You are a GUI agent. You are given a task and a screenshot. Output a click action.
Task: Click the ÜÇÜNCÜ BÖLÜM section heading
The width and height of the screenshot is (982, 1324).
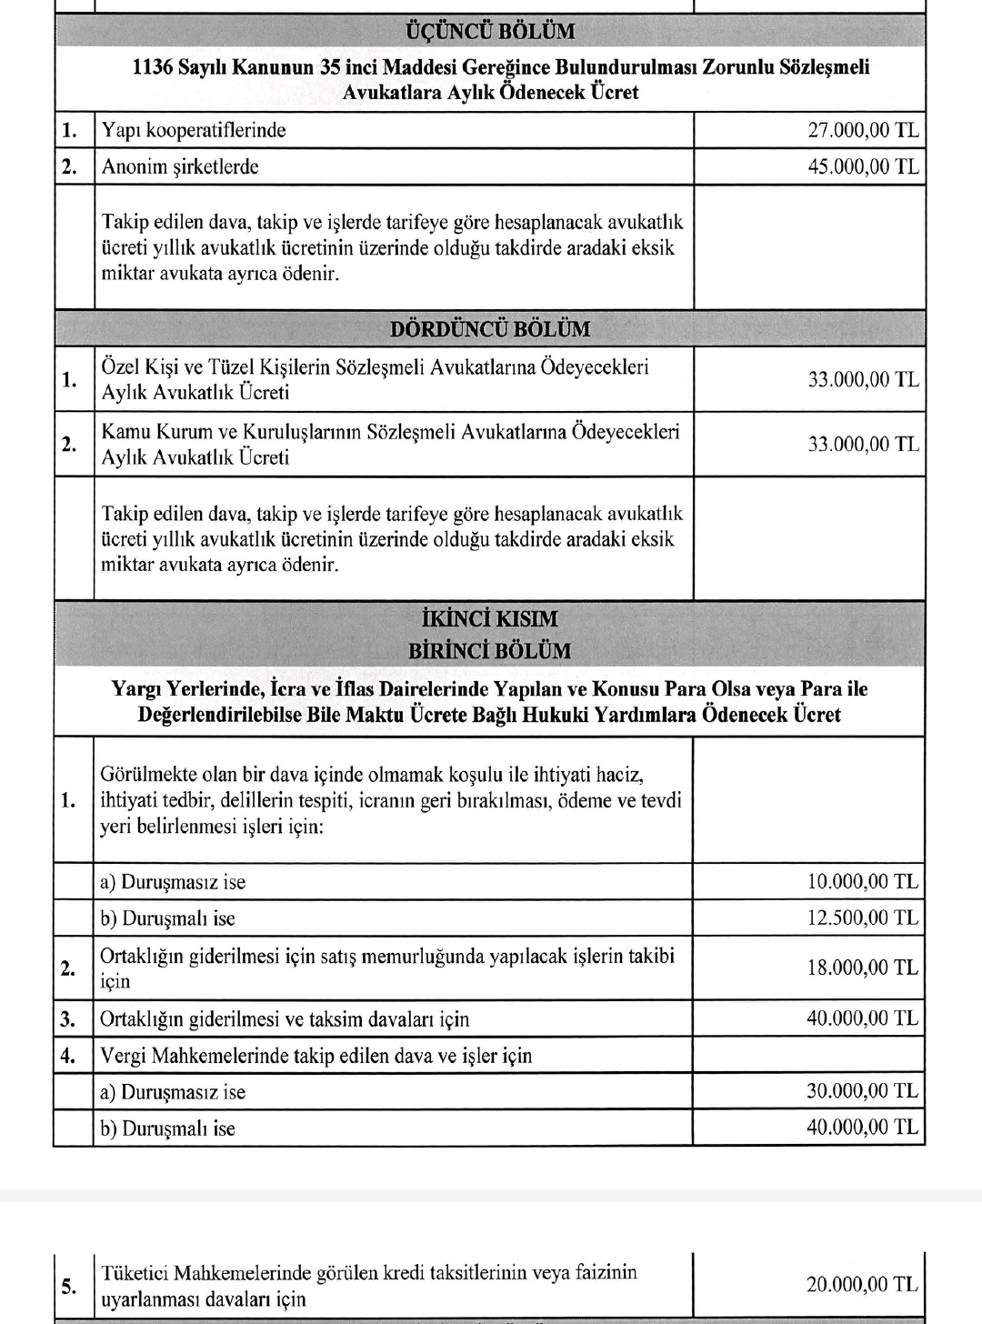(489, 31)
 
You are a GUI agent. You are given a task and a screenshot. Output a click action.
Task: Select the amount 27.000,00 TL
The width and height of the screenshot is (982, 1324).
(863, 130)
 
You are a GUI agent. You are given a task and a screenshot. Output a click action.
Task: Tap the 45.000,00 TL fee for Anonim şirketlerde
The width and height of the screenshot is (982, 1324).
(863, 166)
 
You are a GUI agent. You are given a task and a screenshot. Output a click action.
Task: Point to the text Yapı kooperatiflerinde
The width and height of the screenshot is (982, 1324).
(194, 130)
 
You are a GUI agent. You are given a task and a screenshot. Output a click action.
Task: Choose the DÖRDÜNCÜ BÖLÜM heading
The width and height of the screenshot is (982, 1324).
(489, 329)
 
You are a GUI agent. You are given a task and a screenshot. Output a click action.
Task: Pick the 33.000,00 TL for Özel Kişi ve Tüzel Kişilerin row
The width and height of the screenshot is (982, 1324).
(863, 379)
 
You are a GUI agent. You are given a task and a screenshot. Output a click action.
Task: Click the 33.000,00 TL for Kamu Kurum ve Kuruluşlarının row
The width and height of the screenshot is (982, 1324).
(863, 444)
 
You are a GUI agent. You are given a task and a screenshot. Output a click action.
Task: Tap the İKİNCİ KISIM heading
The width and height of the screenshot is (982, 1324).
(489, 619)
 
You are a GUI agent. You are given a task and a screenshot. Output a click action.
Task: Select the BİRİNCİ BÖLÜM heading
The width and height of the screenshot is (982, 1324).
(489, 651)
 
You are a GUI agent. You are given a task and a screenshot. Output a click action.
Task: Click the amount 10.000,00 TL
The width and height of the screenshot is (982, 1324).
(863, 881)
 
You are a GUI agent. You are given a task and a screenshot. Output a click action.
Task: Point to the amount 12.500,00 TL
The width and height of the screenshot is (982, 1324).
(863, 918)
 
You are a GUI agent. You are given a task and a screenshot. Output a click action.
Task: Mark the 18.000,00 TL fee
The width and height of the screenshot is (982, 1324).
(863, 968)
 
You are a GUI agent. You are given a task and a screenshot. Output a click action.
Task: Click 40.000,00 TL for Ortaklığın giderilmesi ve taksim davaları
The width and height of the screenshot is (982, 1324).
(863, 1018)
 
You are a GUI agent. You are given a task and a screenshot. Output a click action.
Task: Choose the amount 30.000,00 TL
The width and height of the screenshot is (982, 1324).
(863, 1091)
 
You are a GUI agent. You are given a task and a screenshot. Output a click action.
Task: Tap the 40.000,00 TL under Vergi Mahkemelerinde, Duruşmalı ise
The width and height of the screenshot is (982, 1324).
(863, 1128)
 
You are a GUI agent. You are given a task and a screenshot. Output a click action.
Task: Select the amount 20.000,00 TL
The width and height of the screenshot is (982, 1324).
(863, 1285)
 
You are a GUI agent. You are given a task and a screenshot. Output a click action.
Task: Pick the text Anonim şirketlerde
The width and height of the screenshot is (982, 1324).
(180, 166)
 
